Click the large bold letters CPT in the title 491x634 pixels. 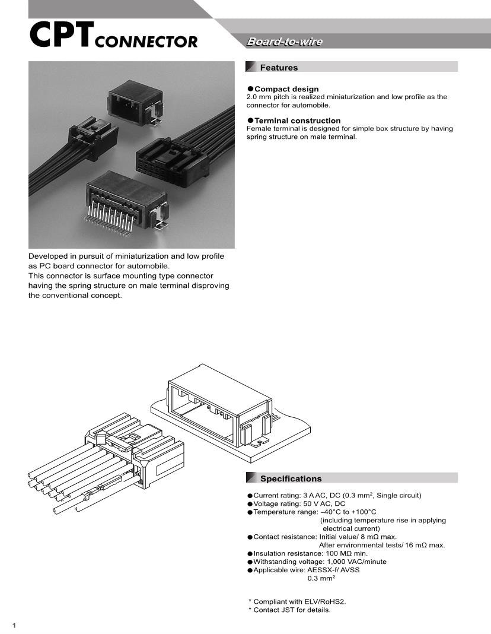[60, 35]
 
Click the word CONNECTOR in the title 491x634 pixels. [146, 42]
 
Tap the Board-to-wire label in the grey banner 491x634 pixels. [284, 42]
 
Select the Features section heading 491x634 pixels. [279, 68]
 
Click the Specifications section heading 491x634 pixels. [291, 478]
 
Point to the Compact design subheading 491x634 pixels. [286, 89]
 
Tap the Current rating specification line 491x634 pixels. [337, 495]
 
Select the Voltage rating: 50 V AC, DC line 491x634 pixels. [299, 503]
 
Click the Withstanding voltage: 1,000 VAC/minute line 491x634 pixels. [320, 562]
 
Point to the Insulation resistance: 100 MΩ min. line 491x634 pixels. [310, 553]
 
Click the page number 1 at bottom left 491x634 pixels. [14, 626]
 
